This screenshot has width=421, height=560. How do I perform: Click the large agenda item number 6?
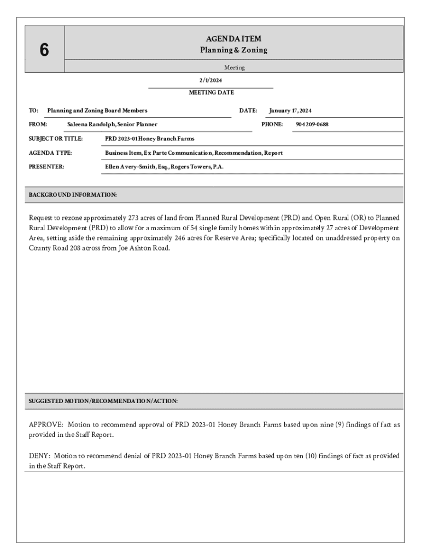click(44, 50)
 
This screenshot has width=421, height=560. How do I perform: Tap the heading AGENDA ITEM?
click(233, 39)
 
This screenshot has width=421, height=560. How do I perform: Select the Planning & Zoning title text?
click(233, 50)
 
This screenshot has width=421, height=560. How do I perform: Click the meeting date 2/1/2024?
click(210, 80)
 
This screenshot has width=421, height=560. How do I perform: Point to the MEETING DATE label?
click(211, 92)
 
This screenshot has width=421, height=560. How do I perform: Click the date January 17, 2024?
click(290, 111)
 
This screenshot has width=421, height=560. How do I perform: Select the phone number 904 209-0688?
click(312, 125)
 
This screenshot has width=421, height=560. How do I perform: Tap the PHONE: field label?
click(272, 125)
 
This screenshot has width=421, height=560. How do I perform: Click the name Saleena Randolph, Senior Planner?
click(112, 125)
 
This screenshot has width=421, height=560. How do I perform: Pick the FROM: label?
click(38, 125)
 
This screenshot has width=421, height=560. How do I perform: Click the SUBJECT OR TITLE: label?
click(55, 139)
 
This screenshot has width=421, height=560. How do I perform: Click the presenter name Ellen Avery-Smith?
click(136, 167)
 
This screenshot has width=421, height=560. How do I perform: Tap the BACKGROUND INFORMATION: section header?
click(72, 195)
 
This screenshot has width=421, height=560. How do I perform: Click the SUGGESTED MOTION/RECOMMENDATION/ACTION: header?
click(103, 401)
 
